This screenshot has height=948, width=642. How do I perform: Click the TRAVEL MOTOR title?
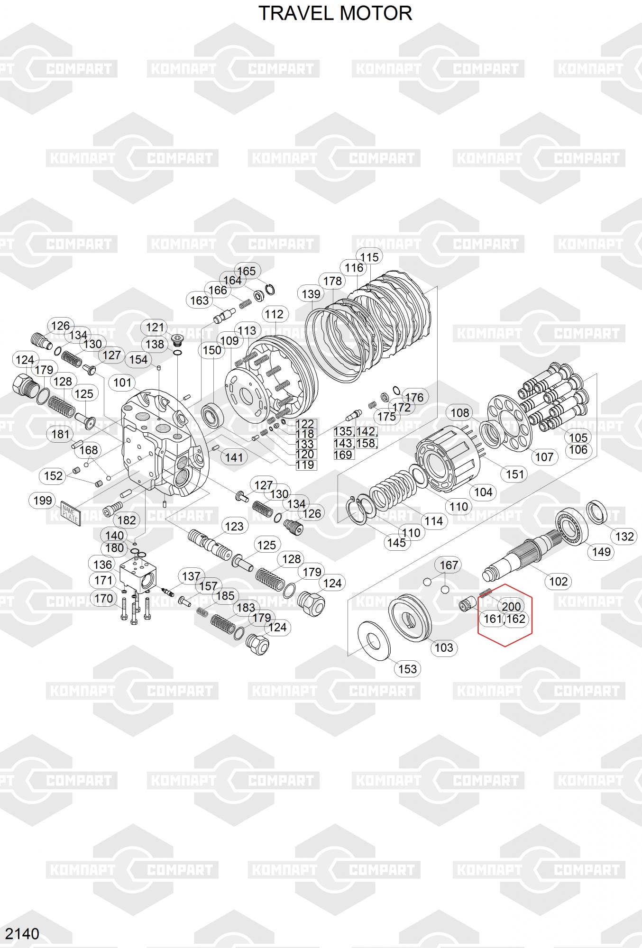pos(335,13)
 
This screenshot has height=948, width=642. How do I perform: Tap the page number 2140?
pos(22,933)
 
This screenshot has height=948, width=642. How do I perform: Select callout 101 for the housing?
pos(122,383)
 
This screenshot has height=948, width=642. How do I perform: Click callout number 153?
pos(408,669)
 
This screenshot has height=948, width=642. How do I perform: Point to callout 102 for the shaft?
pos(558,581)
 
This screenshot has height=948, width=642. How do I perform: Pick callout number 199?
pos(43,501)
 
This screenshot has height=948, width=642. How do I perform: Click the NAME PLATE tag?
pos(71,514)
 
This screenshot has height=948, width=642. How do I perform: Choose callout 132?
pos(624,536)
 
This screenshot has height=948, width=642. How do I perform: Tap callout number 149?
pos(601,552)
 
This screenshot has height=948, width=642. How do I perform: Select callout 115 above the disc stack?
pos(369,257)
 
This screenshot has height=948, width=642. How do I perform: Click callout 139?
pos(311,294)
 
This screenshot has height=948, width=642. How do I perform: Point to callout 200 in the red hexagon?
pos(511,606)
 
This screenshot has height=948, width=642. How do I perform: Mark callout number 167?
pos(449,565)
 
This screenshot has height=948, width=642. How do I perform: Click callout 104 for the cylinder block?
pos(483,492)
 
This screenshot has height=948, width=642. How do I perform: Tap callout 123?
pos(234,526)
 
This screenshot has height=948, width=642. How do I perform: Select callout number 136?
pos(103,565)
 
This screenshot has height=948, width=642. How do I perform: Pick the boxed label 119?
pos(305,465)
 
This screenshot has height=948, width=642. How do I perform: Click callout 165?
pos(247,271)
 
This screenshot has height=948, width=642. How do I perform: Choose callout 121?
pos(155,327)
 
